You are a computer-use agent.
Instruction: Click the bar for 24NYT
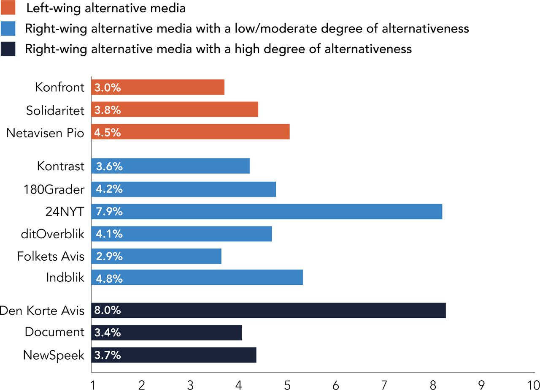(x=267, y=211)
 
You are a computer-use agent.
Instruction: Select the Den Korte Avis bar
(x=268, y=310)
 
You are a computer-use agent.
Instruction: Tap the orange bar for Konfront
(x=158, y=87)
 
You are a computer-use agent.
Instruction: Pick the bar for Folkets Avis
(x=156, y=256)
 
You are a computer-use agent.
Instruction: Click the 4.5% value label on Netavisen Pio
(x=108, y=132)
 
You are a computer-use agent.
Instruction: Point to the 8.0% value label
(x=108, y=310)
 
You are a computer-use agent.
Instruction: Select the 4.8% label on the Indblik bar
(x=109, y=278)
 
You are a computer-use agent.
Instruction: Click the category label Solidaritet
(x=55, y=110)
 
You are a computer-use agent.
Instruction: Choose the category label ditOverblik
(x=52, y=234)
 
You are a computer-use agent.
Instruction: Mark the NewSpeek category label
(x=54, y=355)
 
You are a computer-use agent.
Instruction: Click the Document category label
(x=54, y=332)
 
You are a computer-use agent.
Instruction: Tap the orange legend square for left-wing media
(x=8, y=8)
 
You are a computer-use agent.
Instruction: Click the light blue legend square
(x=8, y=28)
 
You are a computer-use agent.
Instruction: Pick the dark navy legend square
(x=8, y=49)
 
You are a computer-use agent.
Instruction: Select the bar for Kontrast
(x=170, y=166)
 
